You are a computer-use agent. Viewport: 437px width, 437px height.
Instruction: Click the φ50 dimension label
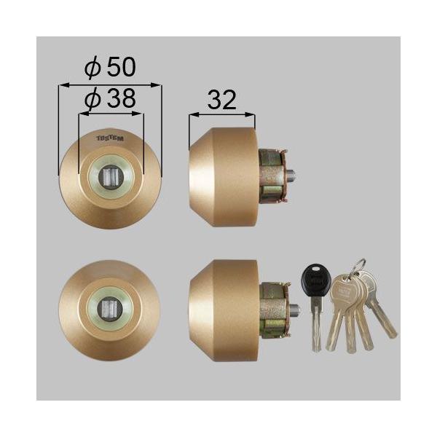point(110,68)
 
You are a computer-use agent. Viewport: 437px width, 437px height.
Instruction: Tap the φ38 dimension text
point(110,100)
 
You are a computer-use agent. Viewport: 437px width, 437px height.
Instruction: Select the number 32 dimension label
point(221,101)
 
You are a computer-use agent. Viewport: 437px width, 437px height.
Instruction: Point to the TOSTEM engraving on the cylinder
point(111,135)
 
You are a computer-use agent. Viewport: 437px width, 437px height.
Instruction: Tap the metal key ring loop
point(356,268)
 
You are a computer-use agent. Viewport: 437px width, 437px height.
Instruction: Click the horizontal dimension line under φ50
point(110,85)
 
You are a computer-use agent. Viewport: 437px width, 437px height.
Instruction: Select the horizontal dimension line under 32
point(221,114)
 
